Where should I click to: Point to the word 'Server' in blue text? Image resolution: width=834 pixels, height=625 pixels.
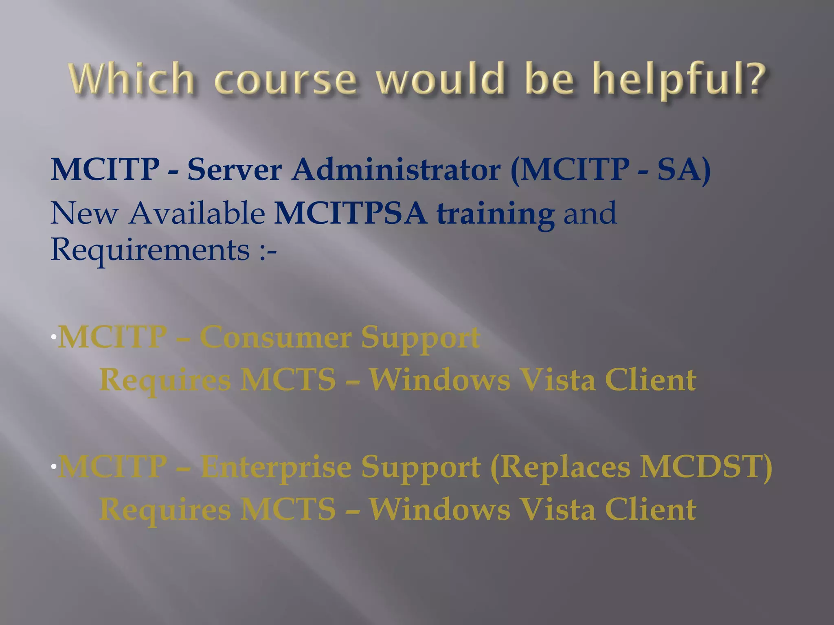coord(234,170)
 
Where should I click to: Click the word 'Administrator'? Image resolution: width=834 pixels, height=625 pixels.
coord(396,170)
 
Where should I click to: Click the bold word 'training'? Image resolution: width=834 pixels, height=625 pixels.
coord(495,214)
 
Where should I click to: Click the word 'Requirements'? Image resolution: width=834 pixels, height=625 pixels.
coord(150,249)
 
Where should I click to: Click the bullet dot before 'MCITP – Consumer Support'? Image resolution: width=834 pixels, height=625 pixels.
coord(53,337)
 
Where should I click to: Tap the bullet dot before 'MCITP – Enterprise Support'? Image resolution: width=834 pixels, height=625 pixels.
coord(53,467)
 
